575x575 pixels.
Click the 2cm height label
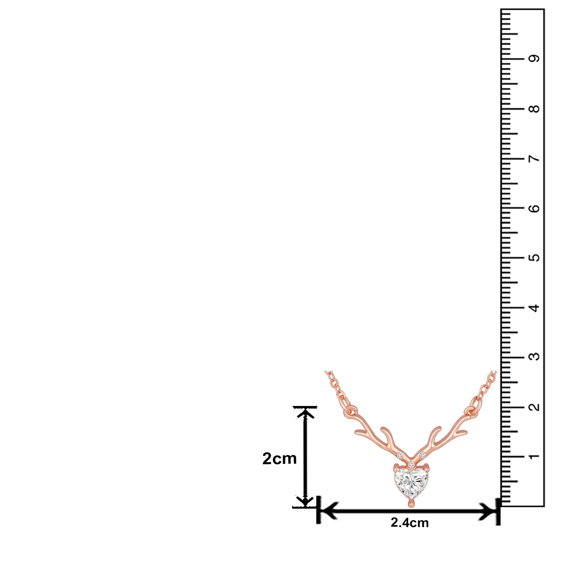279,458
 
